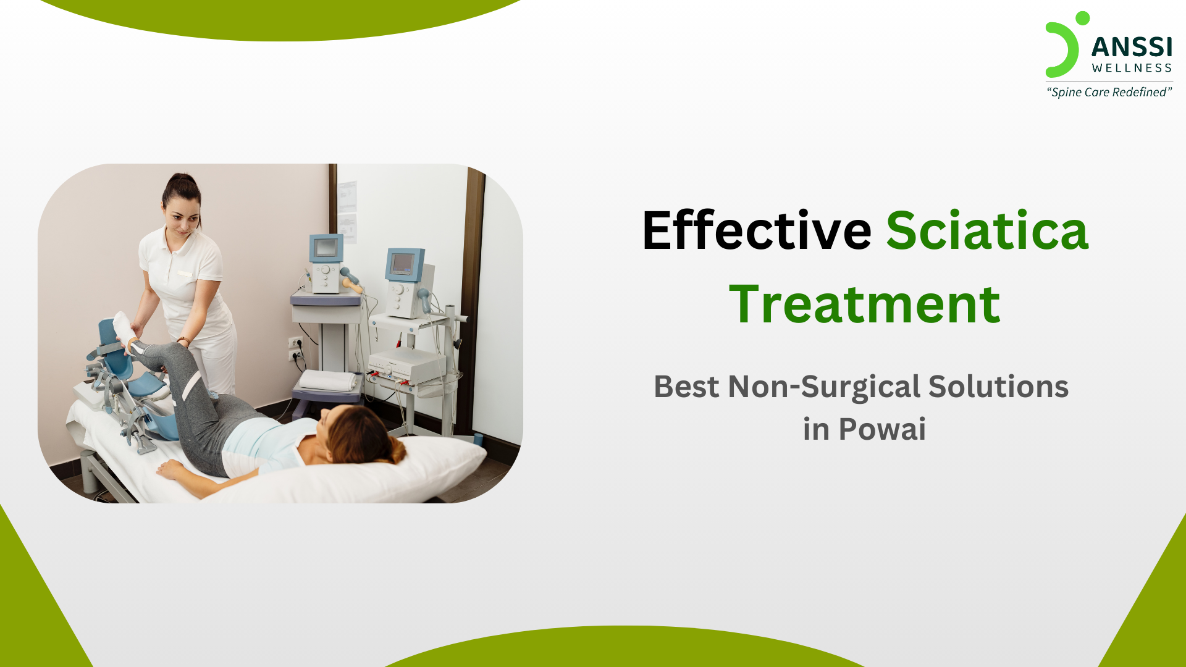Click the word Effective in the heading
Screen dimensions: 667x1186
point(756,231)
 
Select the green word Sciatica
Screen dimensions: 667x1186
point(987,231)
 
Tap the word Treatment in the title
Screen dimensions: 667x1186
point(864,304)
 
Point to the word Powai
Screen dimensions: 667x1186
point(882,429)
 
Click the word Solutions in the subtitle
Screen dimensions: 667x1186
point(998,387)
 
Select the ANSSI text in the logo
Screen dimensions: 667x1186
point(1132,47)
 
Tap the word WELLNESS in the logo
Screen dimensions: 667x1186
point(1132,68)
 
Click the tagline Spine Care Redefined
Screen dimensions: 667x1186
point(1109,92)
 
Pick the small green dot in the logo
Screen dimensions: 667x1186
point(1082,18)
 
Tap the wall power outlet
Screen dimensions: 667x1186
point(296,348)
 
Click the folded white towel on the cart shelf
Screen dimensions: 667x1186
point(328,380)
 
